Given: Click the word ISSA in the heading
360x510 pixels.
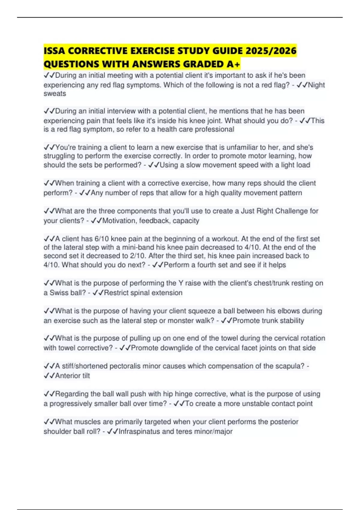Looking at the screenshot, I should click(x=54, y=51).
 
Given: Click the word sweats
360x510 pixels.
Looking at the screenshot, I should click(x=55, y=94).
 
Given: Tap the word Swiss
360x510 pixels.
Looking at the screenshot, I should click(x=59, y=293).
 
